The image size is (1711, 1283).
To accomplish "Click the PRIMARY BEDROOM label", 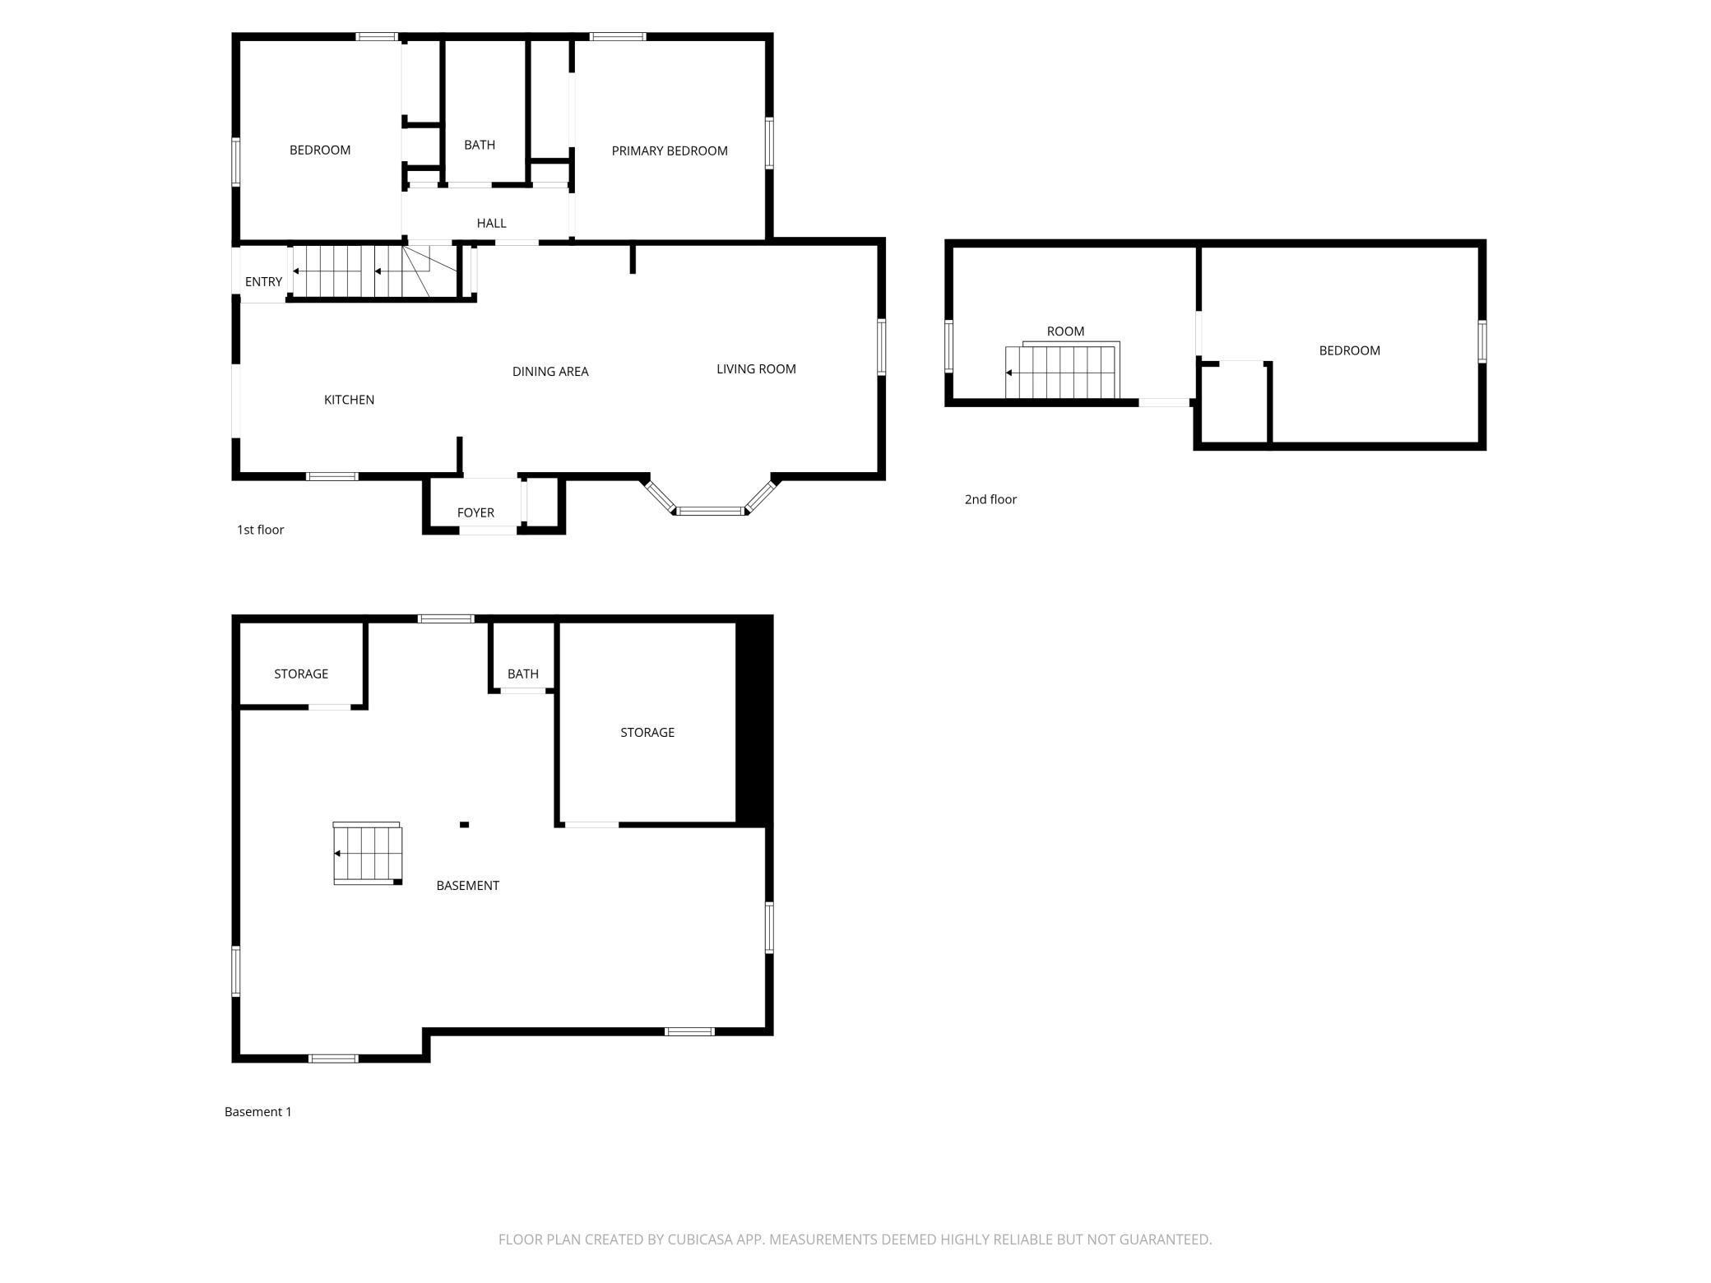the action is [x=670, y=151].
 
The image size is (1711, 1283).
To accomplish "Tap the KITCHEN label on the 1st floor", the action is [x=349, y=400].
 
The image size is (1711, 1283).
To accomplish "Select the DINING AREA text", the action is [x=550, y=372].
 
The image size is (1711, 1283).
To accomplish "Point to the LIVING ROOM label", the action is [x=756, y=369].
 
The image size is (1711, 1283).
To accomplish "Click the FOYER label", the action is [x=475, y=513].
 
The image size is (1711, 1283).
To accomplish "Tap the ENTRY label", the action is [x=263, y=282].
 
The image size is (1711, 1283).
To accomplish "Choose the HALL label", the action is [x=491, y=224].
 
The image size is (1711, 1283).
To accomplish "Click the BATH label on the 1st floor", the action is [x=480, y=146].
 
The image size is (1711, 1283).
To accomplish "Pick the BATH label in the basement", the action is [x=523, y=674].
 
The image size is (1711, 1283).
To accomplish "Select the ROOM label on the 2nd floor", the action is [x=1065, y=331].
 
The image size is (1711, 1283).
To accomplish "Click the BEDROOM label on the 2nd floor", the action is [x=1349, y=350].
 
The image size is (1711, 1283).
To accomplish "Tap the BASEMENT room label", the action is [x=467, y=886].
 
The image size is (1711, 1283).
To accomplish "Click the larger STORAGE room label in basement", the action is [x=647, y=733].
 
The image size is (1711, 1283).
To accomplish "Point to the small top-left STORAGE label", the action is [x=301, y=674].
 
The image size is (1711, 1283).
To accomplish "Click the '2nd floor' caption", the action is [x=990, y=499].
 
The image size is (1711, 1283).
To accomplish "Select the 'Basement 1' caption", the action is [x=258, y=1112].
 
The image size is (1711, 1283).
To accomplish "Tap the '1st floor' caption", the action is [x=260, y=530].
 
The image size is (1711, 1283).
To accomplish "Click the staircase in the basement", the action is [x=368, y=854].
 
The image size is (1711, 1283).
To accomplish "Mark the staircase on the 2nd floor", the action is [x=1062, y=370].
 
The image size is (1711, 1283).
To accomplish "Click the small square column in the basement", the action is [x=464, y=825].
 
